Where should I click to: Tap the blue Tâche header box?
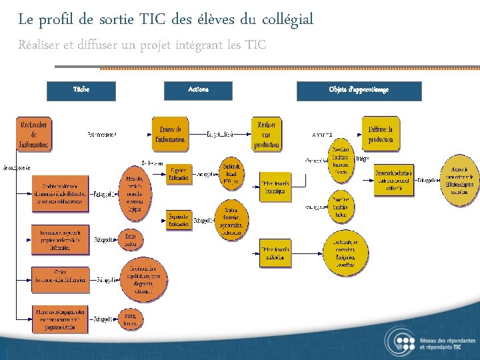pos(81,91)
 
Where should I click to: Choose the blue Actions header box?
pos(198,91)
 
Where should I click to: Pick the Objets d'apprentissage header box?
pos(359,91)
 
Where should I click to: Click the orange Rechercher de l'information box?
pos(34,134)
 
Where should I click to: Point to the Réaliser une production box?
pos(266,134)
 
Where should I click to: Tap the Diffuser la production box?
pos(381,134)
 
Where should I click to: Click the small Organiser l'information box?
pos(179,174)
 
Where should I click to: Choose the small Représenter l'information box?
pos(179,219)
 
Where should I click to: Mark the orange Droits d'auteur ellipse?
pos(129,239)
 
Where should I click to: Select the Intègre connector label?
pos(362,159)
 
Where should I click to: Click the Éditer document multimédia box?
pos(275,253)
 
